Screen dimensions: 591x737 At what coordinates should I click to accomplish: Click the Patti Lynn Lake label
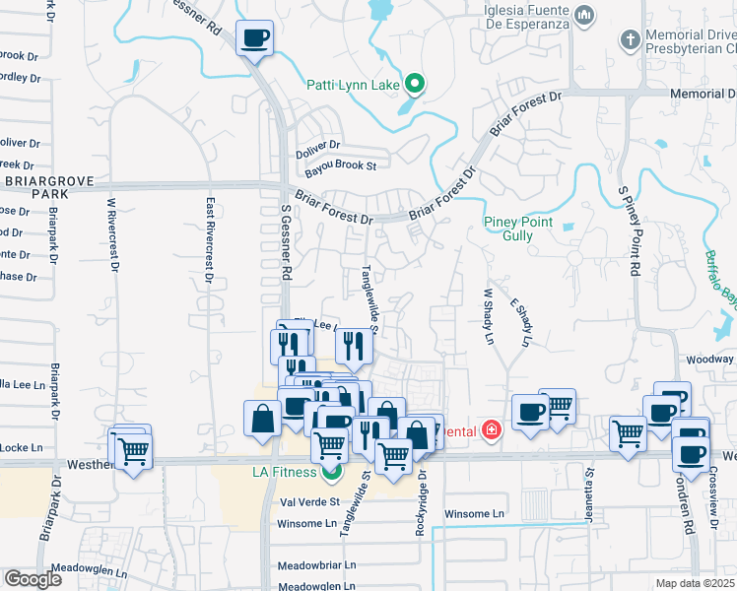tap(351, 85)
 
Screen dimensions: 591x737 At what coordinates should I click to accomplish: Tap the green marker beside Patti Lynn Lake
tap(416, 85)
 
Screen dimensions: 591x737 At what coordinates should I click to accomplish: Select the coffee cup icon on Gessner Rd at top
tap(254, 39)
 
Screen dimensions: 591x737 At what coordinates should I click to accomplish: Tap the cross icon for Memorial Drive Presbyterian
tap(629, 40)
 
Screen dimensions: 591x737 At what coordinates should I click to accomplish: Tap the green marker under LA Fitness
tap(331, 471)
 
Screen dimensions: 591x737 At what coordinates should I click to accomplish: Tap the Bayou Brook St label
tap(337, 165)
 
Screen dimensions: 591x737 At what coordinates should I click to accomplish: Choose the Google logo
tap(33, 579)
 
